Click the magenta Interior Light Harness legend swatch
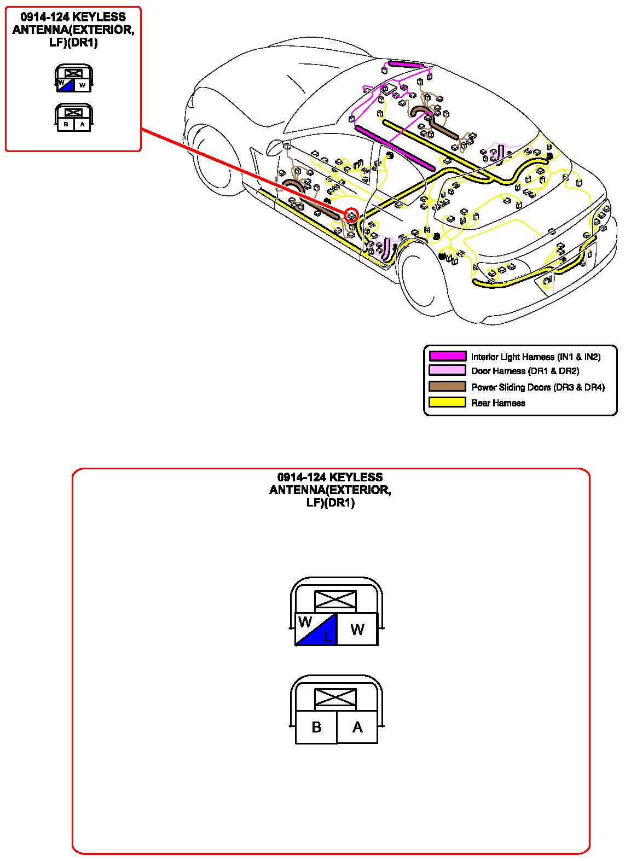(x=447, y=356)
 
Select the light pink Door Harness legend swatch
(x=447, y=370)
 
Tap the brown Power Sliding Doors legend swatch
(x=447, y=387)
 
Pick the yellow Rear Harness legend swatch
(x=447, y=403)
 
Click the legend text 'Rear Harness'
(x=498, y=403)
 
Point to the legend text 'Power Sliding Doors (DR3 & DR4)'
(x=538, y=387)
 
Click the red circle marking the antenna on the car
(x=351, y=215)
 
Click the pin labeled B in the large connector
(x=316, y=728)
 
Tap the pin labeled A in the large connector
(x=357, y=728)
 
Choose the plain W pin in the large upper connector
(x=357, y=629)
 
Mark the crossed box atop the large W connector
(x=335, y=600)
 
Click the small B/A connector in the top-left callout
(x=74, y=118)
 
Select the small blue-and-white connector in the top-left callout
(x=74, y=79)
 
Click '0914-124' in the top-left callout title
(x=44, y=17)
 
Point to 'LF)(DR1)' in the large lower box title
(x=331, y=503)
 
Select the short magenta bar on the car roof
(x=406, y=65)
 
